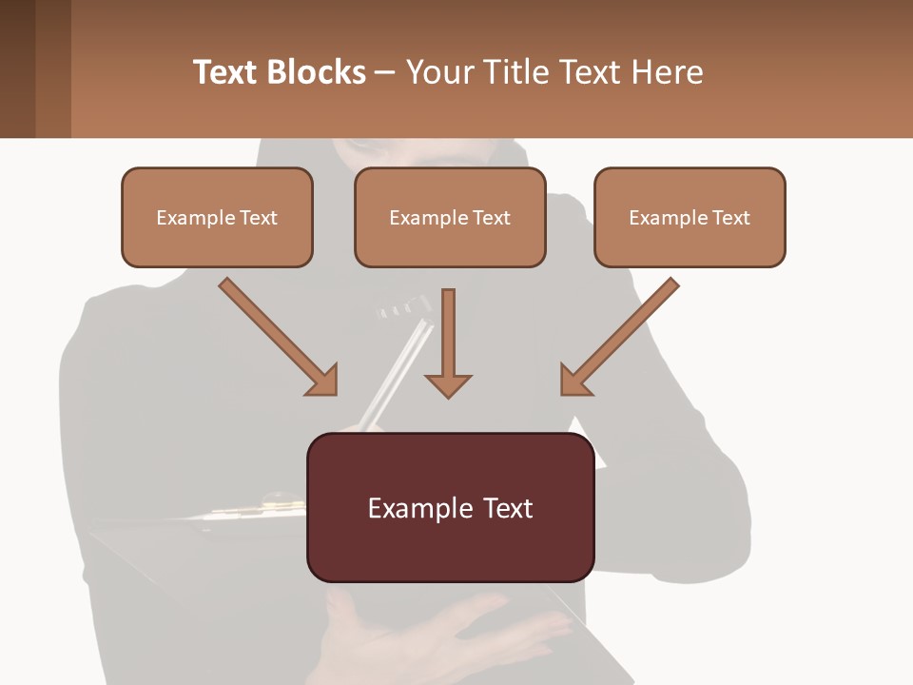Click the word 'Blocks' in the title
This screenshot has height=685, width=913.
[x=316, y=72]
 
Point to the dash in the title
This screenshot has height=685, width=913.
[x=385, y=72]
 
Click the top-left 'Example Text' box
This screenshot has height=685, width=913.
[x=217, y=217]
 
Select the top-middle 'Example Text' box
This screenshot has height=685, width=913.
[x=450, y=217]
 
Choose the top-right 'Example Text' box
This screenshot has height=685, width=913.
[x=690, y=217]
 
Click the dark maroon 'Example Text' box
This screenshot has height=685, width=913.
[x=450, y=507]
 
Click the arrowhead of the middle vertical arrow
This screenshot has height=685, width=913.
[x=448, y=384]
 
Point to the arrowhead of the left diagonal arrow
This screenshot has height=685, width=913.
[x=323, y=381]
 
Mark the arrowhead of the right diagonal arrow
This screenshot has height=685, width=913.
[x=574, y=381]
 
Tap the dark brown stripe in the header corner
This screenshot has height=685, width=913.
[x=17, y=68]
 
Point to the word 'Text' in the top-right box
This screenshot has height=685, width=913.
[x=730, y=218]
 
